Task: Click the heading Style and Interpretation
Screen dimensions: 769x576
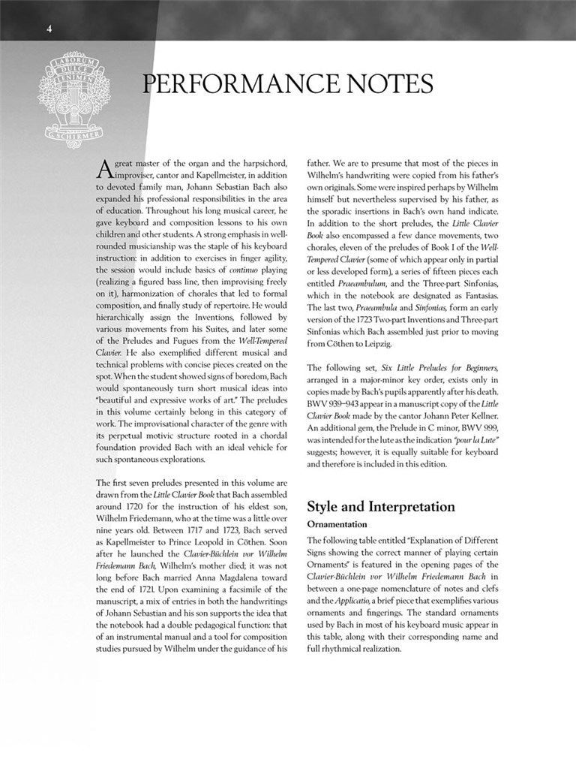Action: (381, 507)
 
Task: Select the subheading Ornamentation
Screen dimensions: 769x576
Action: (337, 524)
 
